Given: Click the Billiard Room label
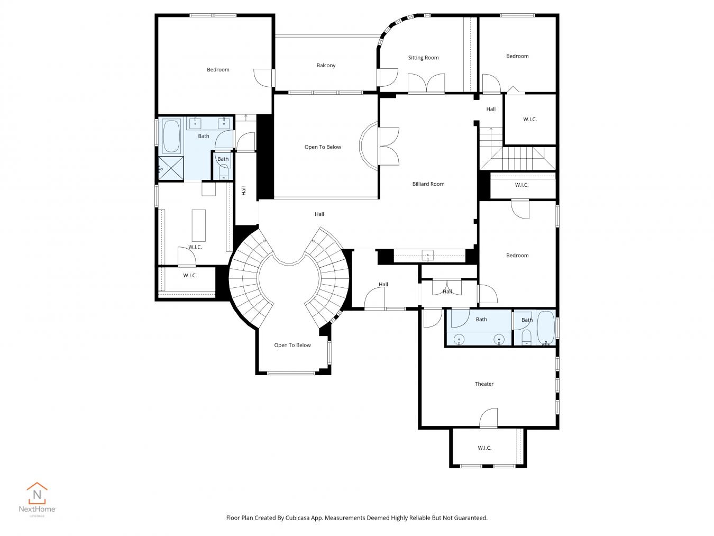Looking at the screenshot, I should (x=428, y=184).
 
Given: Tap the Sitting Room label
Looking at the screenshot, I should (x=423, y=58).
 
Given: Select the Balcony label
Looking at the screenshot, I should (x=326, y=66).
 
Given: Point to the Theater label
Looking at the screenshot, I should (x=484, y=384).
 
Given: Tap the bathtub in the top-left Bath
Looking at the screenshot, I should (x=171, y=136).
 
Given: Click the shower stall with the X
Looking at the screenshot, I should (x=171, y=169).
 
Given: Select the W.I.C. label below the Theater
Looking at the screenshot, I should (x=484, y=448).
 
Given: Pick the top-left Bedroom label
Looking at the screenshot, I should (x=218, y=70).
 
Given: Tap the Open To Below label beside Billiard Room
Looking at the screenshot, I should (x=323, y=147).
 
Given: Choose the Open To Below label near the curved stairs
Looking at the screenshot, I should (x=292, y=346).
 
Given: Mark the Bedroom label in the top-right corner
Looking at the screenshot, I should (x=517, y=56).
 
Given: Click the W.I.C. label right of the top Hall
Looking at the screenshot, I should (x=530, y=120).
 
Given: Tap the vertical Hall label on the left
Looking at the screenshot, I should (x=244, y=190).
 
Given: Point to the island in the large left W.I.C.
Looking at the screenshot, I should (x=198, y=225).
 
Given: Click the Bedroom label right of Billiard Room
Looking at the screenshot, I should (x=517, y=256).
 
